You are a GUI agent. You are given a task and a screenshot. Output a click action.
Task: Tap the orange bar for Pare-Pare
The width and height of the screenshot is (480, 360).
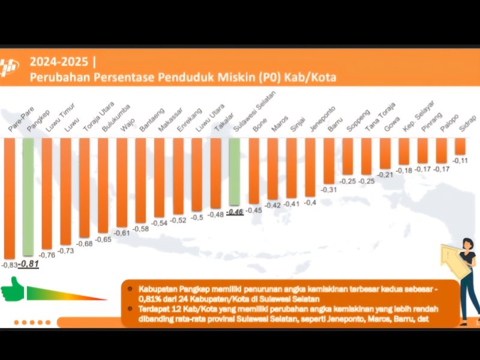pos(10,198)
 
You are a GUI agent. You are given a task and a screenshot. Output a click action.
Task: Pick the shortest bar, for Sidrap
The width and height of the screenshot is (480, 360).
pos(460,146)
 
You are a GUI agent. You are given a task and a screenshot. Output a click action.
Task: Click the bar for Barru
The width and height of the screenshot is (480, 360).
pos(329,161)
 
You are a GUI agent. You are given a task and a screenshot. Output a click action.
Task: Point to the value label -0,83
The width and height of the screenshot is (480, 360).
pos(9,265)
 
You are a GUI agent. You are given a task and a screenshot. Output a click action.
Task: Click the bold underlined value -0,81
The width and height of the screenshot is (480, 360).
pos(28,263)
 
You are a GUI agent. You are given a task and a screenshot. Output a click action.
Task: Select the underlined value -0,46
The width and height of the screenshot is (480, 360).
pos(235,212)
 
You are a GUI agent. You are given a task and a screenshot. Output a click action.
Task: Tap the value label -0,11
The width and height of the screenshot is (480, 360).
pos(460,161)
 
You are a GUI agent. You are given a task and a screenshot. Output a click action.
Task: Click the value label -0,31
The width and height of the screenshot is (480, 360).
pos(328,190)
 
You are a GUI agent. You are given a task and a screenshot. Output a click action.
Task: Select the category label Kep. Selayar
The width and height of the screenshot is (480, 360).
pos(411,118)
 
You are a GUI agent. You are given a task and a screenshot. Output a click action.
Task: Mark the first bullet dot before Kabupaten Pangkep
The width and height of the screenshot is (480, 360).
pos(130,288)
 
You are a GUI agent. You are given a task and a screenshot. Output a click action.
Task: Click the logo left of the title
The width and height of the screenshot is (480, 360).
pos(9,69)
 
